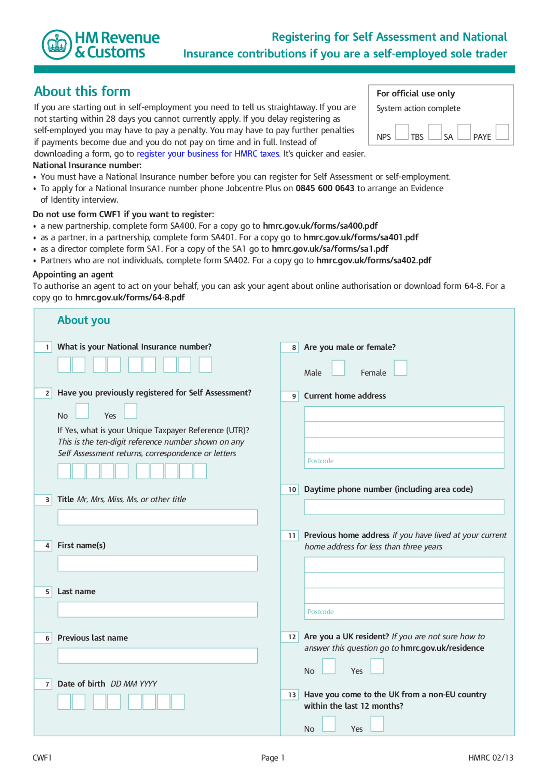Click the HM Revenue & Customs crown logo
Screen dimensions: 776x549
point(57,45)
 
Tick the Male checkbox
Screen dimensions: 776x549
point(338,368)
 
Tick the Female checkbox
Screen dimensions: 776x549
point(400,368)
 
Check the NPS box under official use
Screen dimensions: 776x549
point(401,132)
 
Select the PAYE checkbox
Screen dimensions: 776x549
point(502,132)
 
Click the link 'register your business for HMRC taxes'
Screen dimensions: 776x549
point(208,154)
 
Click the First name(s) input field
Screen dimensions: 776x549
point(157,563)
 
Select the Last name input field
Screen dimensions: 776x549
point(157,610)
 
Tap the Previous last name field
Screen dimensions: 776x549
point(157,656)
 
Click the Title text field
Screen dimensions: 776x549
point(157,517)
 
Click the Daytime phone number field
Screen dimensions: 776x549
point(404,507)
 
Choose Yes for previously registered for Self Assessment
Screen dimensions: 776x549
point(130,411)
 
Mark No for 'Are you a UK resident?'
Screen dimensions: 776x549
point(329,666)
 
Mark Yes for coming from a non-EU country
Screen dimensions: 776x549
point(377,724)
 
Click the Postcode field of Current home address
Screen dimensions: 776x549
point(404,461)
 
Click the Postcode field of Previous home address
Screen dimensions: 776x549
point(404,611)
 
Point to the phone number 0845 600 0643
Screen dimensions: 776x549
point(325,188)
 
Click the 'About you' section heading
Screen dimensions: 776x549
point(84,320)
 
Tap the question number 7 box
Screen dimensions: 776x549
point(43,684)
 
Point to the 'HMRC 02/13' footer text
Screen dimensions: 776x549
point(490,758)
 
